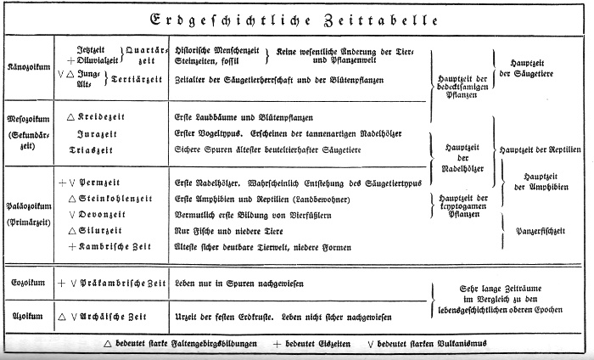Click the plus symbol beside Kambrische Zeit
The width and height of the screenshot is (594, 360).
(72, 246)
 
